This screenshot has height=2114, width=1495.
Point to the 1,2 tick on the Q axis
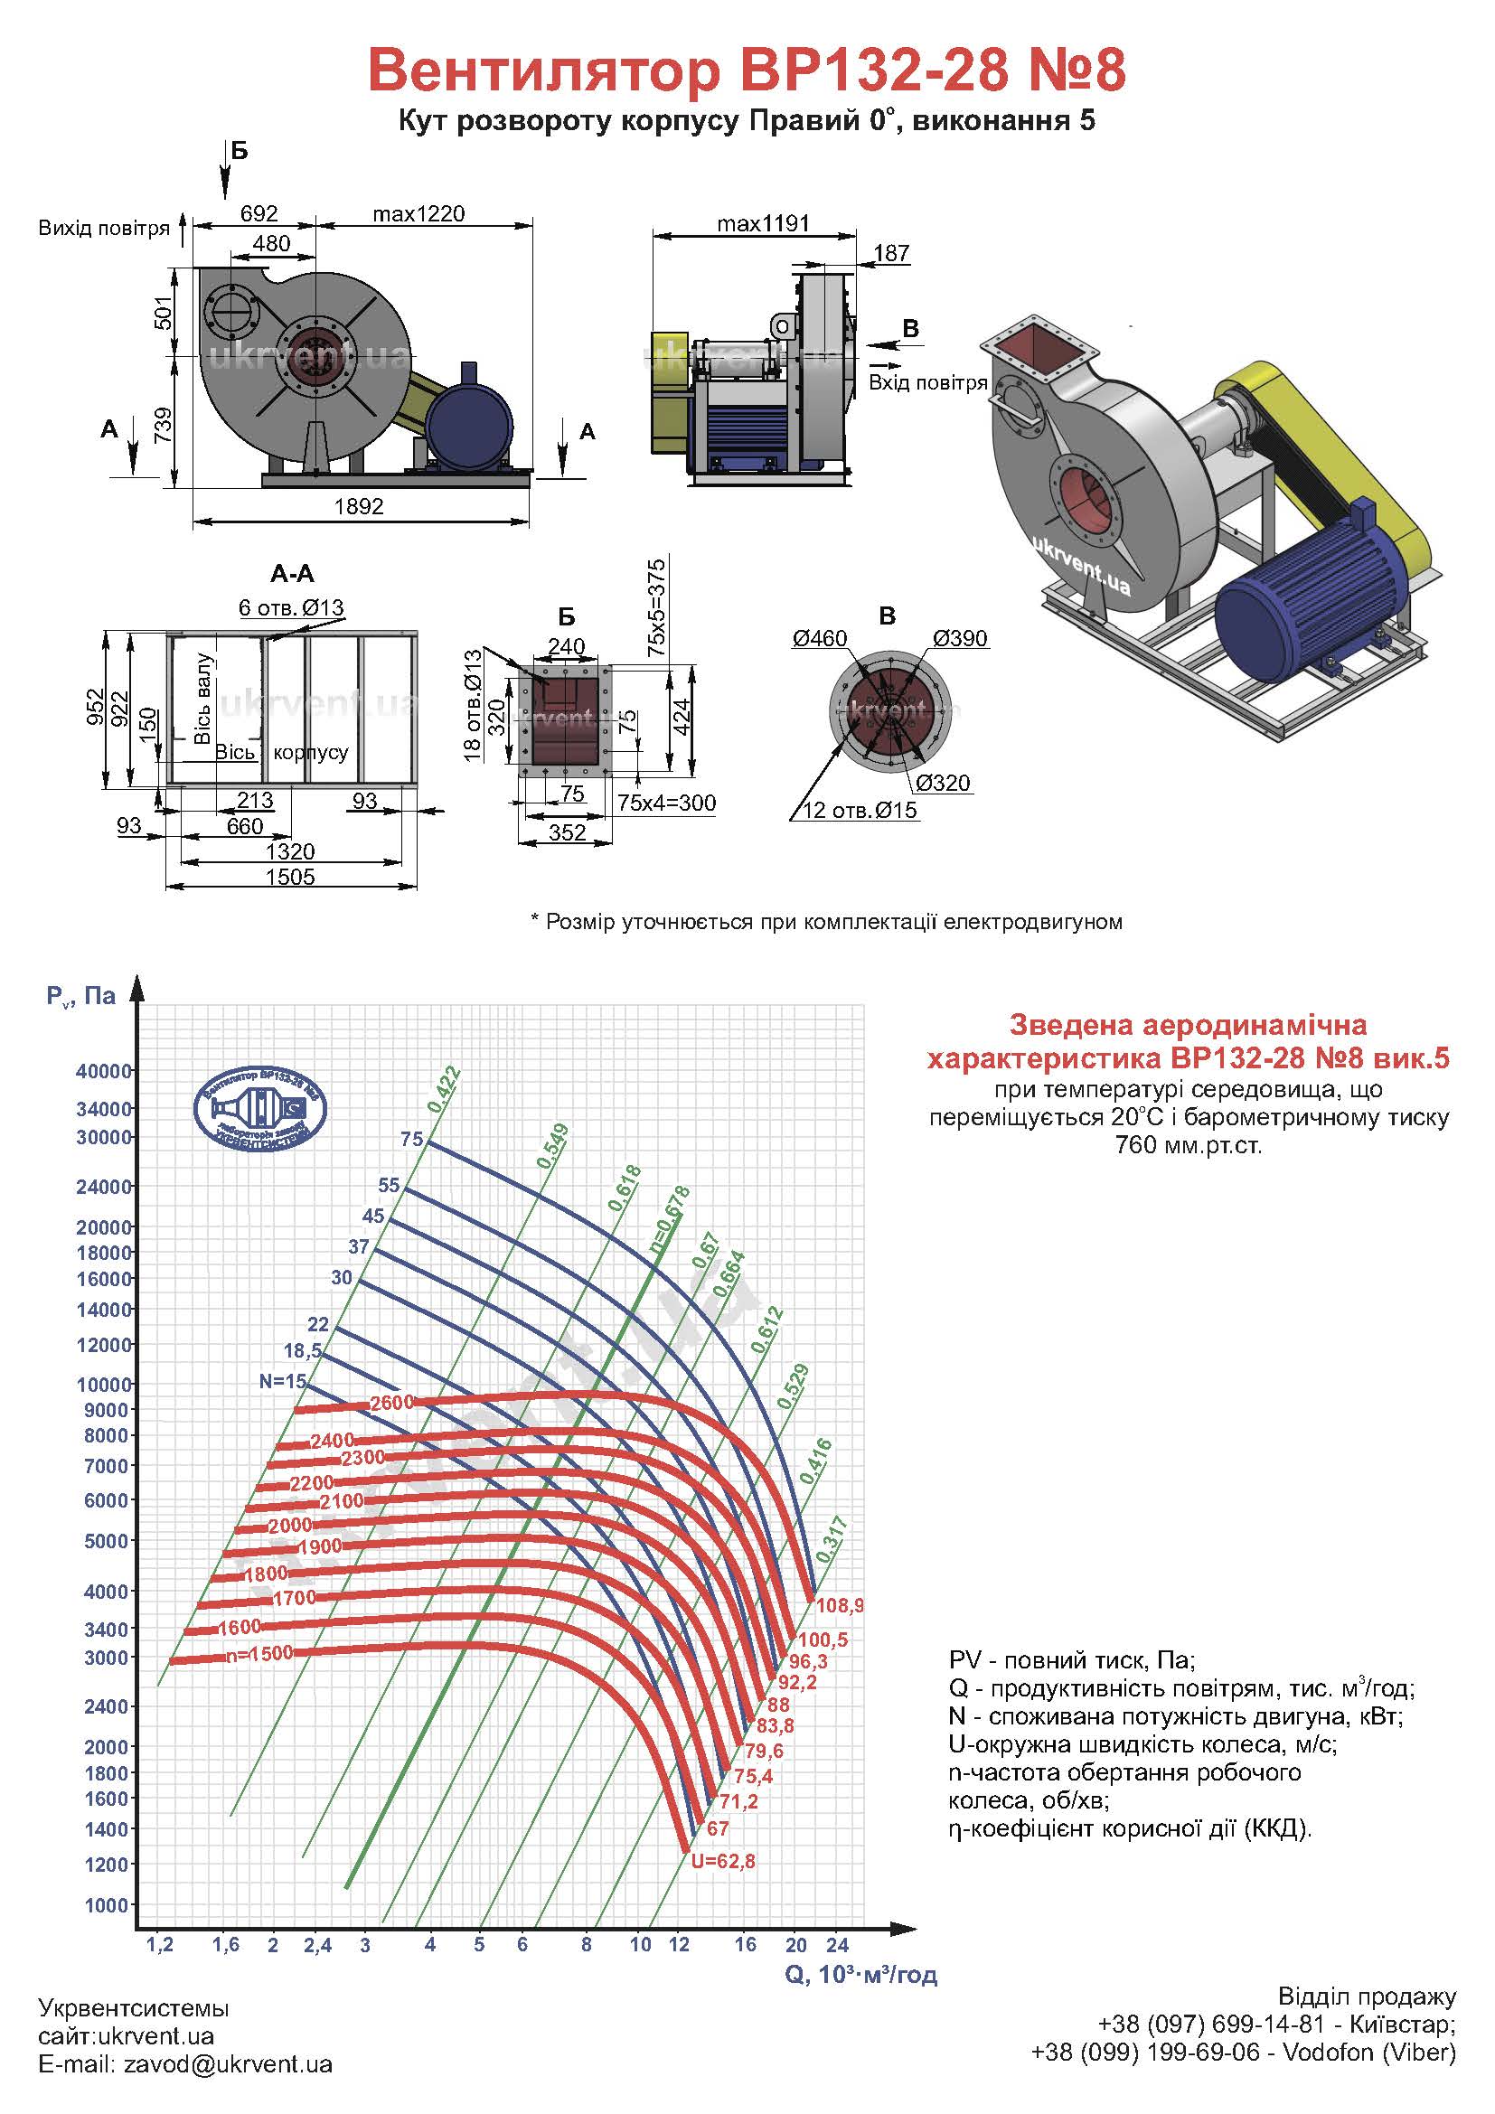tap(159, 1945)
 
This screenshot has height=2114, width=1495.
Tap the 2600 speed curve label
tap(391, 1403)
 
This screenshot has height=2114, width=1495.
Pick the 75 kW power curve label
tap(411, 1139)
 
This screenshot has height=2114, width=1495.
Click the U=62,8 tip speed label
tap(723, 1861)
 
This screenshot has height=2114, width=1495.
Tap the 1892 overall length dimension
tap(359, 506)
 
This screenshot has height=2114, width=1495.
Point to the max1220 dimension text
tap(418, 213)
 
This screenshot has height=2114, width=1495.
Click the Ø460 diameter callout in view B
tap(819, 638)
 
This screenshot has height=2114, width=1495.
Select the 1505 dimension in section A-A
tap(290, 877)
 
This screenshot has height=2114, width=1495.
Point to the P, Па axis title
tap(82, 995)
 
